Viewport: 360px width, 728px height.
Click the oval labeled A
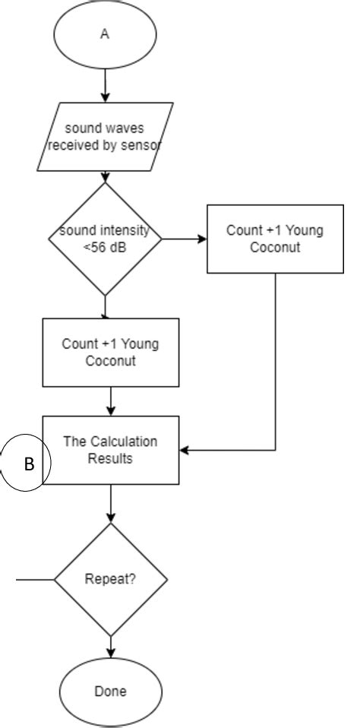click(x=105, y=35)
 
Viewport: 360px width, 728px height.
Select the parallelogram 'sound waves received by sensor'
click(x=105, y=137)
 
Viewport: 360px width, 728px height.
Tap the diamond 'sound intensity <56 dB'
click(x=105, y=239)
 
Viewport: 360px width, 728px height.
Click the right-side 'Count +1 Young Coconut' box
click(x=274, y=239)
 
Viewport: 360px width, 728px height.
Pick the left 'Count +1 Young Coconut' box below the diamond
click(x=111, y=352)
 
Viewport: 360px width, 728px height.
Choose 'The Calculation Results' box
click(x=111, y=450)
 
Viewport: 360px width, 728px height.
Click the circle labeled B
click(x=24, y=464)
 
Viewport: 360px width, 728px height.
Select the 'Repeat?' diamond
click(x=111, y=579)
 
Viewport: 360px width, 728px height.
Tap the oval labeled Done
click(x=111, y=692)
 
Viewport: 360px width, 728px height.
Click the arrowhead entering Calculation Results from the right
click(x=185, y=451)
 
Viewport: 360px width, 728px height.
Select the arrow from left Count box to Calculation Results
click(x=111, y=401)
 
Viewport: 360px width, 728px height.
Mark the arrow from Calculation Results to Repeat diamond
click(x=111, y=503)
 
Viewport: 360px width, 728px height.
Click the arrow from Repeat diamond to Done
click(x=111, y=647)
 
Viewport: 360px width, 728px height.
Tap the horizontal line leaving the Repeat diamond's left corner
click(x=35, y=579)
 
